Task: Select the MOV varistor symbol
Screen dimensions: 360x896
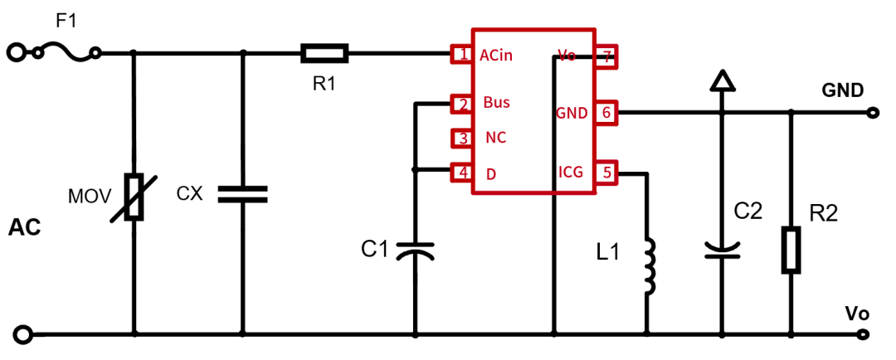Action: (134, 197)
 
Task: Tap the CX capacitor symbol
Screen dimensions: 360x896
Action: (242, 194)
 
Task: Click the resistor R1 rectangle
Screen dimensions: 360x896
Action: (324, 55)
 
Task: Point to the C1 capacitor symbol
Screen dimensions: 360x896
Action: (415, 251)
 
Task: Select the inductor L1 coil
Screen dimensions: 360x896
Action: (648, 266)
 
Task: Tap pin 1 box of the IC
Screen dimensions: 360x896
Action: (460, 55)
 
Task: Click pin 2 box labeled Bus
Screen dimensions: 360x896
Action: (460, 104)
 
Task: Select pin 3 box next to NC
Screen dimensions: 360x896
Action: (460, 138)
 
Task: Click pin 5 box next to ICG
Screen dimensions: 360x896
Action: (606, 173)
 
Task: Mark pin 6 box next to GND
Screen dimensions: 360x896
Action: (606, 113)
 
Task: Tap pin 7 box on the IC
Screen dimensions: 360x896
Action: (606, 56)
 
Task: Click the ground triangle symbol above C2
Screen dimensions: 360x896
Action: (723, 80)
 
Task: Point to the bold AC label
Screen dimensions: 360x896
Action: (25, 227)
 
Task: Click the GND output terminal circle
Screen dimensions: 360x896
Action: (870, 113)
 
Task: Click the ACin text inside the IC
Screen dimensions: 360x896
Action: (496, 56)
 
